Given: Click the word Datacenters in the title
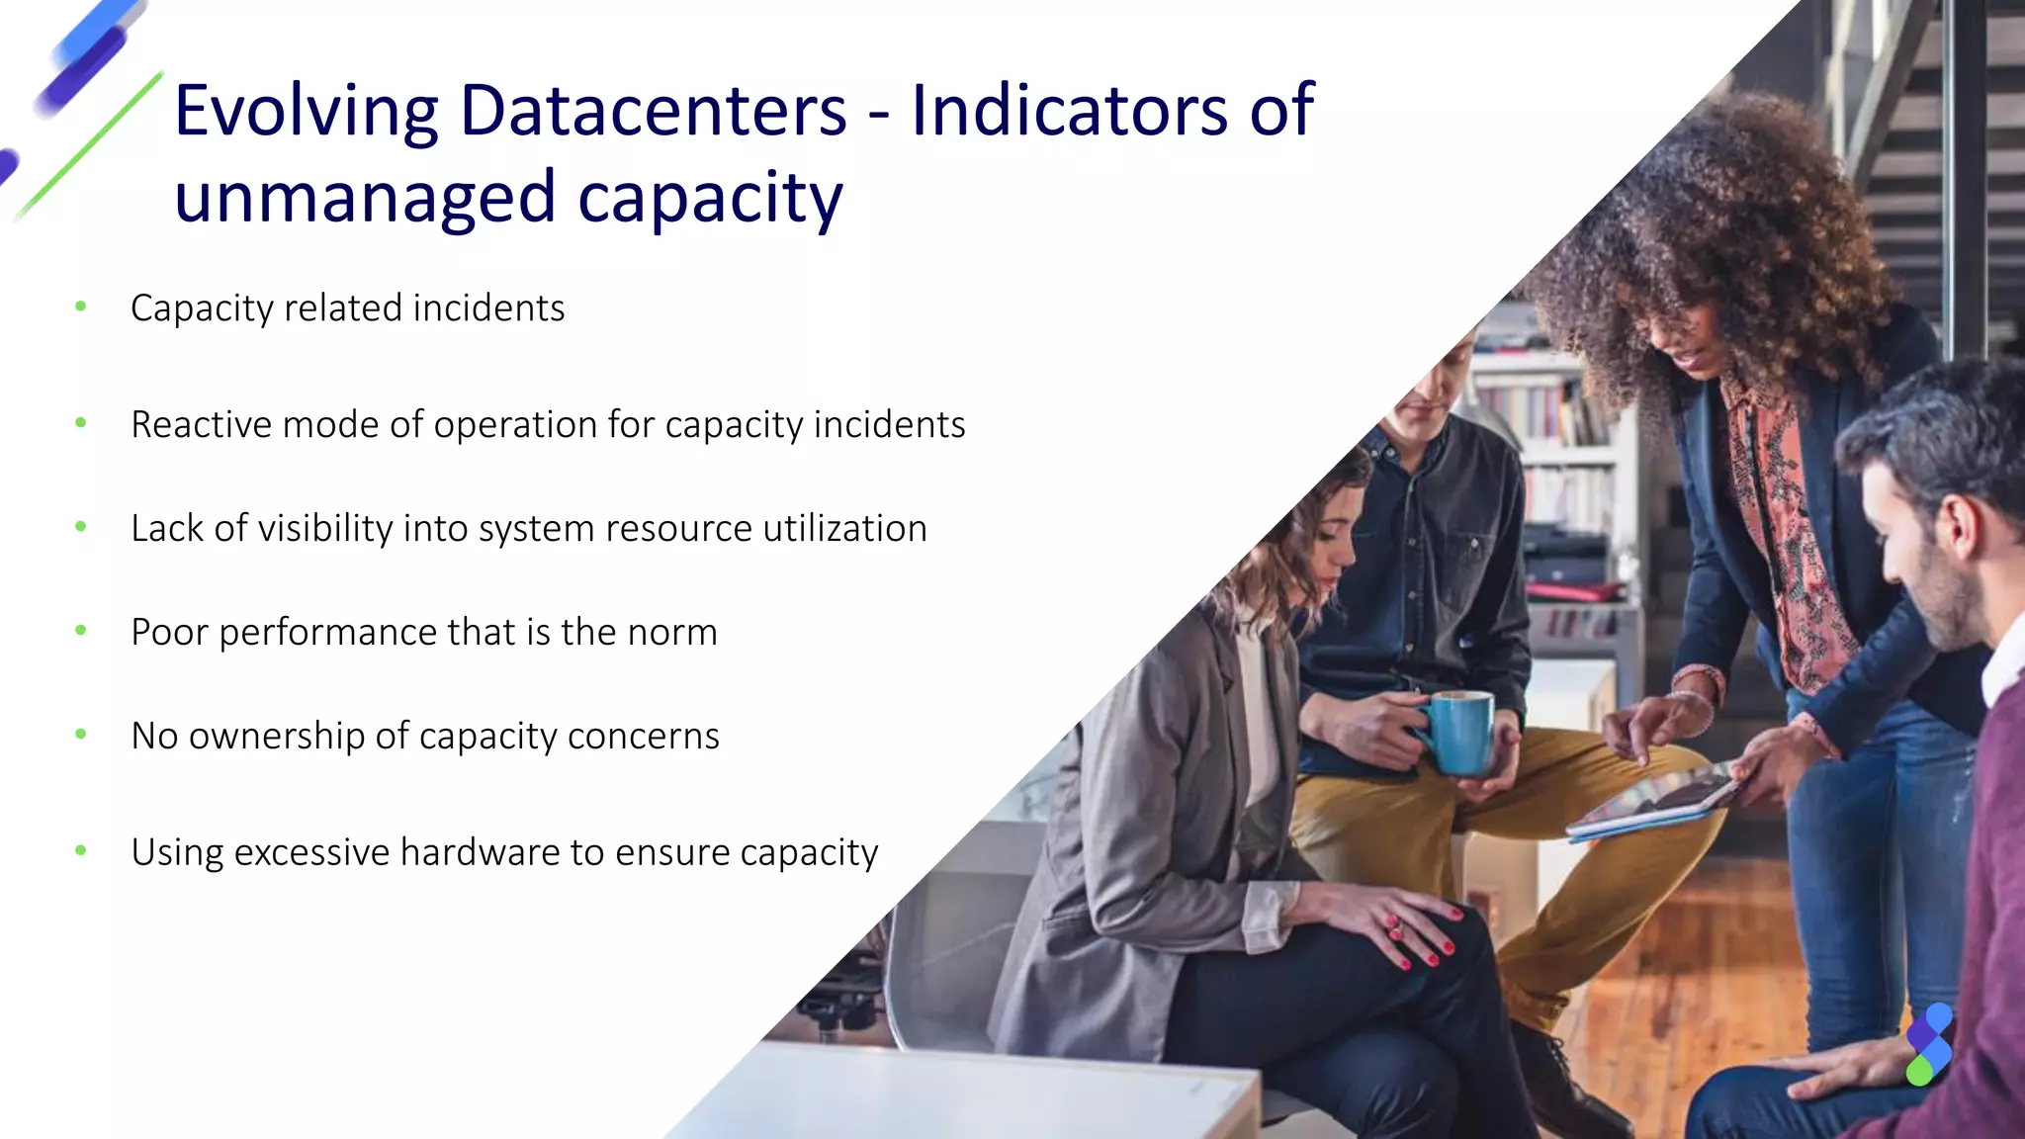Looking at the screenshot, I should click(654, 111).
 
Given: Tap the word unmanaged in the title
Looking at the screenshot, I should click(365, 197).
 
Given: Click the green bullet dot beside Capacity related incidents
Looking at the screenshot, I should click(81, 307).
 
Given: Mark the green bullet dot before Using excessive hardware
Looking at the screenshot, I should click(81, 850).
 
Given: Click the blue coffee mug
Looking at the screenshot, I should click(1458, 732).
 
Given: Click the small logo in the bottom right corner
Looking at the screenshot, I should click(1929, 1044).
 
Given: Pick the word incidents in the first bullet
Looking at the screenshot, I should click(488, 308).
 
